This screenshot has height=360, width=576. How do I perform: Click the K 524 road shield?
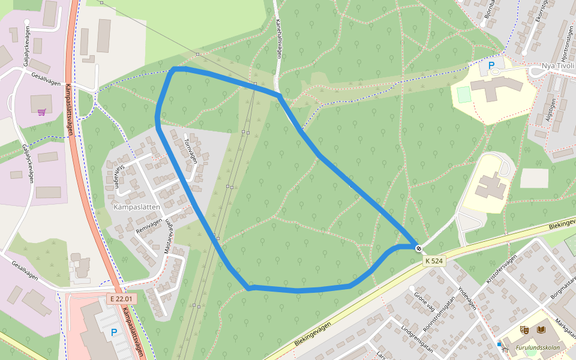[x=434, y=261]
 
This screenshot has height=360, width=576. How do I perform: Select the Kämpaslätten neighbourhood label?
[x=136, y=206]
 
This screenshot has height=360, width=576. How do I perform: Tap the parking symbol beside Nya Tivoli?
[x=491, y=65]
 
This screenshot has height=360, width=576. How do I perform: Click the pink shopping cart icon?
[x=42, y=112]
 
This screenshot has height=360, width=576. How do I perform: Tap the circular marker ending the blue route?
[x=418, y=248]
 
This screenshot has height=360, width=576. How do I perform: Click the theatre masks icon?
[x=524, y=330]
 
